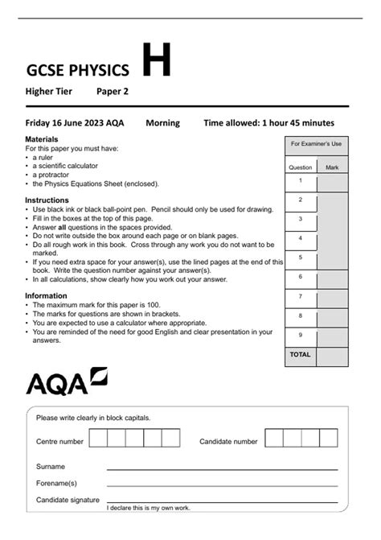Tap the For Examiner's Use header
point(316,144)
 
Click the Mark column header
point(332,167)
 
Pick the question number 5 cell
point(301,257)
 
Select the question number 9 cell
point(301,334)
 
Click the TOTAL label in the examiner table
point(301,354)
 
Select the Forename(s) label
point(56,484)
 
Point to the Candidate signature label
point(68,501)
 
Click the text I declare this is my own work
point(149,509)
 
